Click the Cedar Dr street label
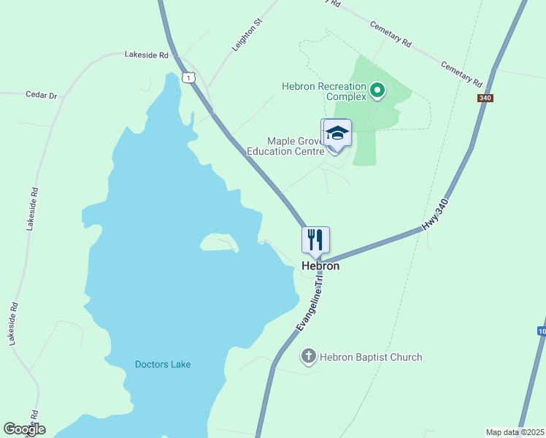pos(41,95)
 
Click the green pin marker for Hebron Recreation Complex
pos(377,91)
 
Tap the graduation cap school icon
pos(337,133)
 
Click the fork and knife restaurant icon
pos(316,239)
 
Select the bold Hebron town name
pos(320,266)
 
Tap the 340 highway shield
pos(484,98)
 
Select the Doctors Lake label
pos(163,364)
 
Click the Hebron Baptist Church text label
pos(372,357)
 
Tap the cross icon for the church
pos(309,357)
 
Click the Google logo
pos(24,430)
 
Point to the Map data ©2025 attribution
pos(515,432)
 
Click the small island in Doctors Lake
pos(218,242)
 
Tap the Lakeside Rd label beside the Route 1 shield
pos(146,55)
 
